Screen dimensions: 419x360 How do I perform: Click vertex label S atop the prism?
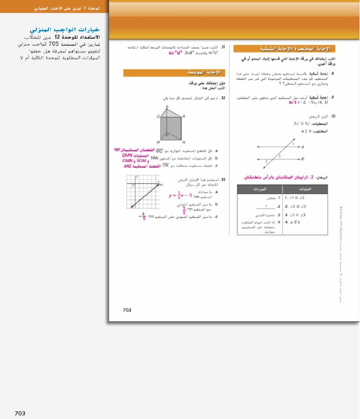(x=167, y=107)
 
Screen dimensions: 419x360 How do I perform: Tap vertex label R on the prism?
(x=184, y=116)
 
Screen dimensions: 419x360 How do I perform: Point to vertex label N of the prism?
(x=184, y=142)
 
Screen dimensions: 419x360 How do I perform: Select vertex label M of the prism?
(x=159, y=142)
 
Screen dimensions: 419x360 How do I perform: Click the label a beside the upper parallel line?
(x=302, y=147)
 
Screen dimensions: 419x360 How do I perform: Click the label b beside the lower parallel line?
(x=302, y=159)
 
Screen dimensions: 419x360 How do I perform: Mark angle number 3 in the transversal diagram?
(x=280, y=156)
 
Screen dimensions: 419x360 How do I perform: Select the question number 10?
(x=333, y=116)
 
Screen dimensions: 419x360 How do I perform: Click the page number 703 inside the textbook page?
(x=127, y=309)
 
